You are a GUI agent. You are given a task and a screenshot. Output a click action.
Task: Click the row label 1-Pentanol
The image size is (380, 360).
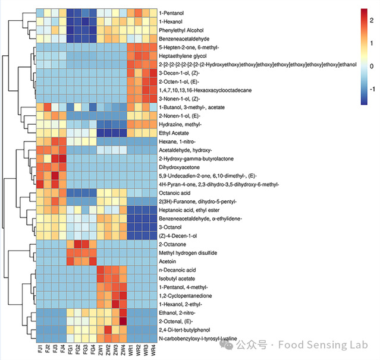[174, 12]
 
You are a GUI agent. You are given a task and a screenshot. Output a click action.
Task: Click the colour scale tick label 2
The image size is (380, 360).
[371, 21]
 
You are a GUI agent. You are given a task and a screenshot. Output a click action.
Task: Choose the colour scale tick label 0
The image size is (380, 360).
[371, 65]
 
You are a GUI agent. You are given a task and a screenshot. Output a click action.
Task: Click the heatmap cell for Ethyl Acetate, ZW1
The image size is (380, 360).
[101, 132]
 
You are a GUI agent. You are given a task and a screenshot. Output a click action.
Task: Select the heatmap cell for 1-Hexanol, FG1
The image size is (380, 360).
[70, 21]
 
